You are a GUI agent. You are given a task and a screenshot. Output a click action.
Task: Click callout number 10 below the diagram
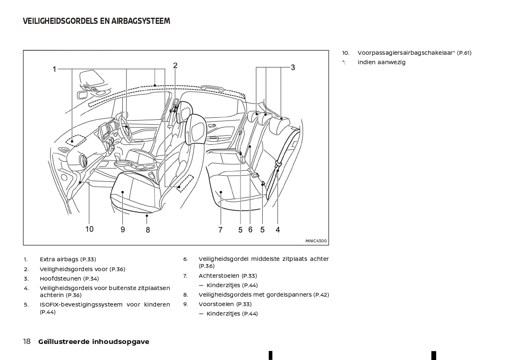pos(89,229)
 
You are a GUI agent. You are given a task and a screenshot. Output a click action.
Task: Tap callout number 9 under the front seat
pos(123,230)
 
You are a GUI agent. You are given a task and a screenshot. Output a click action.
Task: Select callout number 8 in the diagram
pos(148,230)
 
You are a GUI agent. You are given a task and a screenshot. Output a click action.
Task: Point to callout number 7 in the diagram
pos(220,230)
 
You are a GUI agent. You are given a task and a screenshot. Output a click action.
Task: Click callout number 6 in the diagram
pos(250,230)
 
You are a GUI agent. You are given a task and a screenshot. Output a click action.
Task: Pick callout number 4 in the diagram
pos(278,230)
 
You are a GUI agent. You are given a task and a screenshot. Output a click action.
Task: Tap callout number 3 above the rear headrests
pos(293,67)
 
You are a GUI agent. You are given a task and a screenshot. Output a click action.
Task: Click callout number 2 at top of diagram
pos(175,65)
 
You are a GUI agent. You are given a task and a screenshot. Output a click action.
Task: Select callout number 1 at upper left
pos(54,70)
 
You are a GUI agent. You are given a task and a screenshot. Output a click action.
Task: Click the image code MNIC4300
pos(316,241)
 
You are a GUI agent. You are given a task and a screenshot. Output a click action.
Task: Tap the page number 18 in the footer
pos(27,341)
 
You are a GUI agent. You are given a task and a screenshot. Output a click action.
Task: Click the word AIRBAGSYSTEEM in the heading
pos(141,21)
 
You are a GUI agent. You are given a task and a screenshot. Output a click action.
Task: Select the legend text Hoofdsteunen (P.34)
pos(69,279)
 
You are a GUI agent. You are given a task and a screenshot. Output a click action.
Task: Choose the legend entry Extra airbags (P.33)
pos(68,259)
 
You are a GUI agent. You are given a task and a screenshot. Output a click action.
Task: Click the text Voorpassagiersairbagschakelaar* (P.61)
pos(414,53)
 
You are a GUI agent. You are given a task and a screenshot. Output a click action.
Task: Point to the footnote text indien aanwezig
pos(381,62)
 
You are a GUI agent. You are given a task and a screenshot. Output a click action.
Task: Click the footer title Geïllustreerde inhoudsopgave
pos(93,341)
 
